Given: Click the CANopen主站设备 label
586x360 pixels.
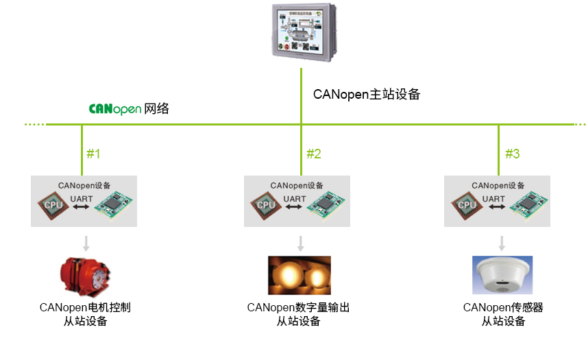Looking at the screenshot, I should tap(366, 95).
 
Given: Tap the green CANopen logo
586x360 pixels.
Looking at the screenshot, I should tap(115, 109).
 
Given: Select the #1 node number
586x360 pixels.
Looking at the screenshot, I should tap(93, 154).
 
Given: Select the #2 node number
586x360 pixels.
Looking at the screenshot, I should tap(313, 154).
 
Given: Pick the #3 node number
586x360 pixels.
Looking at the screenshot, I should tap(512, 154).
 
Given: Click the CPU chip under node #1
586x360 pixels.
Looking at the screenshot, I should tap(52, 204).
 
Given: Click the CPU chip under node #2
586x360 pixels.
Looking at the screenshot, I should tap(265, 204).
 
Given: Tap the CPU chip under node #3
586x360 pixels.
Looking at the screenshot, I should tap(466, 204).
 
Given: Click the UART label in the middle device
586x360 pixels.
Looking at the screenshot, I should tap(295, 199).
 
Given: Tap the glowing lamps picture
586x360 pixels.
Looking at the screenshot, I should tap(299, 276).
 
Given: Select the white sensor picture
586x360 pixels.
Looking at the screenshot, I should tap(503, 275).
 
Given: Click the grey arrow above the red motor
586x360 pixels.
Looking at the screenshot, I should tap(86, 243).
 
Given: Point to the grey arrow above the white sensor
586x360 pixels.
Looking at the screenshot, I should tap(502, 243).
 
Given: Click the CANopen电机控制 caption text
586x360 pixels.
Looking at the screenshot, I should tap(85, 308).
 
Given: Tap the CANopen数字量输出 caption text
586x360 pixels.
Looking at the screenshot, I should tap(299, 308).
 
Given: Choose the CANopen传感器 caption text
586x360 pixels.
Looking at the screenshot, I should tap(503, 308).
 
